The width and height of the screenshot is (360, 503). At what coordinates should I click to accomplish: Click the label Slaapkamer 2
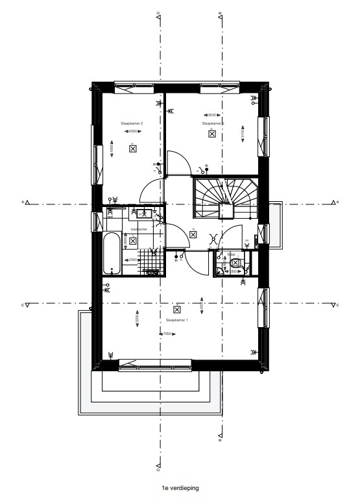click(132, 123)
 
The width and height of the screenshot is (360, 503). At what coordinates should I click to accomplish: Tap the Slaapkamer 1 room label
click(177, 320)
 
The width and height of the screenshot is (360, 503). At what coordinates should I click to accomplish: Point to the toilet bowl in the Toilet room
click(236, 263)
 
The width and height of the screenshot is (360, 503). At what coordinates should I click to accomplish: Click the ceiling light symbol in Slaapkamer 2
click(132, 149)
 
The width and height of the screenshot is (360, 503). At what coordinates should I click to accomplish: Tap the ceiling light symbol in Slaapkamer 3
click(212, 134)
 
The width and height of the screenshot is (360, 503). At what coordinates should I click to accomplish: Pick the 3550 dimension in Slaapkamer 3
click(212, 114)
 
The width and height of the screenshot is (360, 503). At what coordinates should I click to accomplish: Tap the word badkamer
click(139, 229)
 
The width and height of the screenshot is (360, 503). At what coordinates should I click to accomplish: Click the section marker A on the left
click(25, 202)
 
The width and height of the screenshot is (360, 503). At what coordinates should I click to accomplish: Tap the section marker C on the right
click(336, 304)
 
